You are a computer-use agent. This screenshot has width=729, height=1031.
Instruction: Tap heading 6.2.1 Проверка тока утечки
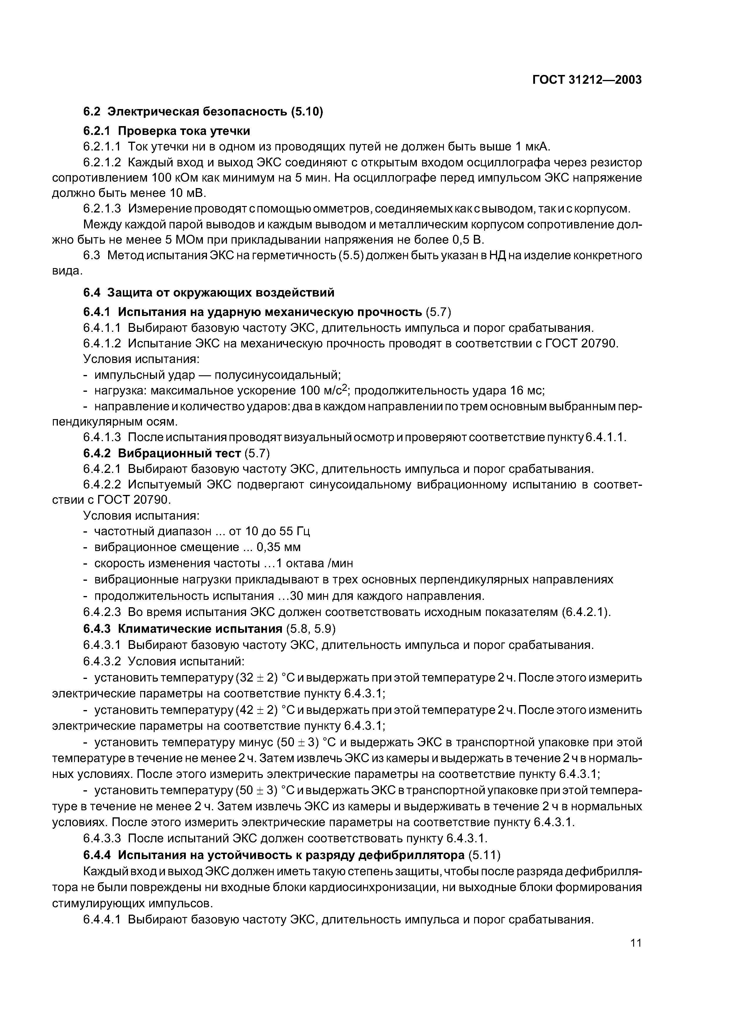(167, 131)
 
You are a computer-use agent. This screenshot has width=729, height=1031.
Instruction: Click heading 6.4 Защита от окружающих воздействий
(209, 292)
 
